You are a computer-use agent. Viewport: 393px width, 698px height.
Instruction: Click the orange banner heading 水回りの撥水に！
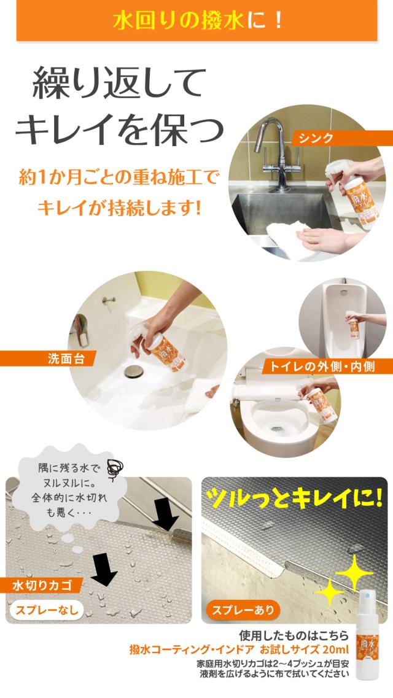(196, 21)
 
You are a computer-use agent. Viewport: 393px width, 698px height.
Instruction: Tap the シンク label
(316, 138)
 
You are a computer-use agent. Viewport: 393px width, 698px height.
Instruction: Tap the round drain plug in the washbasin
(133, 371)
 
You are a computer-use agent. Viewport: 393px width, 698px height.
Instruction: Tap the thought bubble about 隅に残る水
(61, 488)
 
